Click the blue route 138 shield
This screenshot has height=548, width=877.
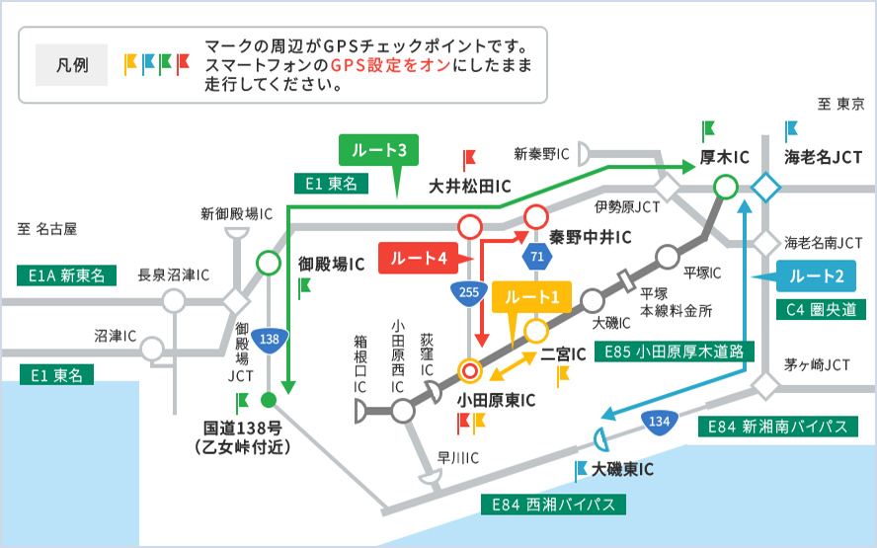(x=269, y=339)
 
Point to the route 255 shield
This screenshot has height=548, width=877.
(x=469, y=291)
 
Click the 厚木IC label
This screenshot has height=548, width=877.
(x=725, y=158)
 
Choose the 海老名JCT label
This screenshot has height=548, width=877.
(x=824, y=158)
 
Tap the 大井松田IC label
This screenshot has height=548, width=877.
(x=469, y=186)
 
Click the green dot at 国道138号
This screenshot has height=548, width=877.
(x=267, y=400)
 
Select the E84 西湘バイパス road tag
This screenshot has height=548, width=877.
(x=553, y=504)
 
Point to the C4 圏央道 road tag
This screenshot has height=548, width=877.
(x=821, y=310)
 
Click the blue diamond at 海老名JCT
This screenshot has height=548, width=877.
(x=766, y=186)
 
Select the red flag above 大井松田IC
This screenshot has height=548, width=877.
(x=469, y=158)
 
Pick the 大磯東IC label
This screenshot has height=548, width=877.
(x=620, y=469)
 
